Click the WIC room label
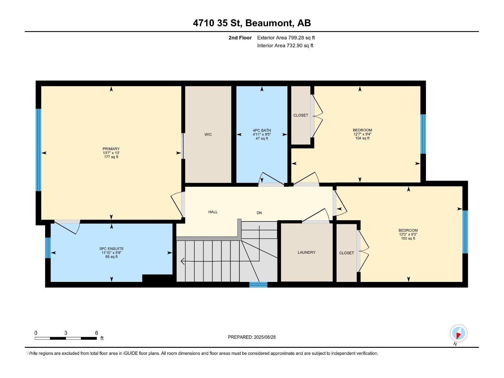coord(208,135)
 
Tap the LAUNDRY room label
coord(306,252)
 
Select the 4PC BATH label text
coord(262,130)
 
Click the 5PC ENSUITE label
coord(112,249)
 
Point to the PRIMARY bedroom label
coord(111,149)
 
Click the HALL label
coord(213,212)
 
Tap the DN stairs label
coord(259,213)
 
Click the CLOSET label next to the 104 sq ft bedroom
coord(301,115)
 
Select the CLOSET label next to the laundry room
coord(346,253)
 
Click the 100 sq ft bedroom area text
coord(408,238)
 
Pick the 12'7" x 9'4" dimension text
coord(362,134)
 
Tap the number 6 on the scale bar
coord(97,333)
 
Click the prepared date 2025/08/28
coord(264,337)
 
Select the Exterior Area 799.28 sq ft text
coord(286,38)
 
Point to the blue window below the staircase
coord(258,285)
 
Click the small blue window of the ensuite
coord(48,248)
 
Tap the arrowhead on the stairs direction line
coord(183,261)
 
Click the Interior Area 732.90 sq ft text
coord(285,46)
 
